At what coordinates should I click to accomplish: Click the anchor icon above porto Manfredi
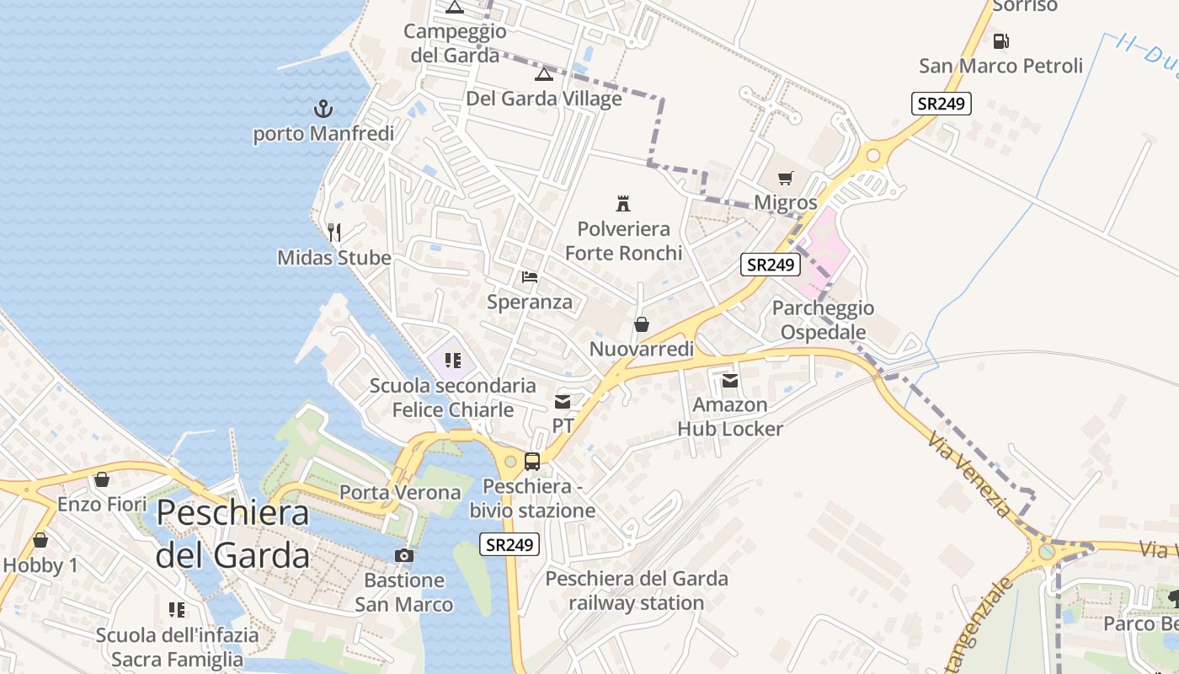pos(323,109)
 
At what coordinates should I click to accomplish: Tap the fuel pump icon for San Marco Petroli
pos(1000,40)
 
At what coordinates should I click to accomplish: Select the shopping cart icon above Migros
pos(786,178)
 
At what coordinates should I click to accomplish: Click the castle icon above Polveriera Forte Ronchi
pos(623,203)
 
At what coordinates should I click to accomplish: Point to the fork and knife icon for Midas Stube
pos(334,232)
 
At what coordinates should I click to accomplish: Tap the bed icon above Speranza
pos(530,276)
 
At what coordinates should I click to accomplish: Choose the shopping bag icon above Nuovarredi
pos(642,324)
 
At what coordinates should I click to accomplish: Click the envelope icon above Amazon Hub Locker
pos(730,381)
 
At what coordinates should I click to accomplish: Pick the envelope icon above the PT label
pos(563,402)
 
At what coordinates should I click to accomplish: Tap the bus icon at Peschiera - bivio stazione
pos(532,461)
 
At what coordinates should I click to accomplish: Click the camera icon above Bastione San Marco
pos(404,555)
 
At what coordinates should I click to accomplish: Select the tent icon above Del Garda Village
pos(544,74)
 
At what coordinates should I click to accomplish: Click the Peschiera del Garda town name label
pos(232,534)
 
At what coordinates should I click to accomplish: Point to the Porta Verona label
pos(400,492)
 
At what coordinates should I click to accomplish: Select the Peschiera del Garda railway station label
pos(637,591)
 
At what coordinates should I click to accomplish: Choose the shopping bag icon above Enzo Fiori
pos(102,479)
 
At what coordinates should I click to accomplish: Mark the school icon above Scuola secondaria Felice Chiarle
pos(453,361)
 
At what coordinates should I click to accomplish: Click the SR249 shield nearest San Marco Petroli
pos(942,104)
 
